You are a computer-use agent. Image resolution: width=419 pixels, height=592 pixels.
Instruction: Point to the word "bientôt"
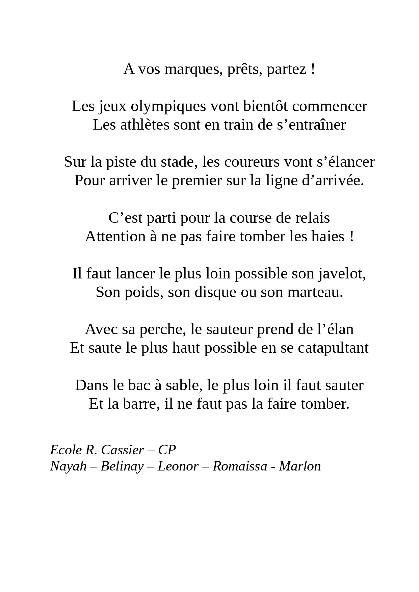(x=265, y=107)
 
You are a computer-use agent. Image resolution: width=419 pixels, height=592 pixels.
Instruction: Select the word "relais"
(x=312, y=218)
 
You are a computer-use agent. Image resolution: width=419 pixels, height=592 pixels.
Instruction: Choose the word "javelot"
(x=342, y=274)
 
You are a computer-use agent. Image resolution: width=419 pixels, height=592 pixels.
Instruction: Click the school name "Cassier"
(x=123, y=450)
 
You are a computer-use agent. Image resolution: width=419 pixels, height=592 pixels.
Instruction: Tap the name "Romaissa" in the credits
(x=240, y=466)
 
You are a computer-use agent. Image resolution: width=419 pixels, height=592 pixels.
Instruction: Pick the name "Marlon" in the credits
(x=300, y=466)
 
